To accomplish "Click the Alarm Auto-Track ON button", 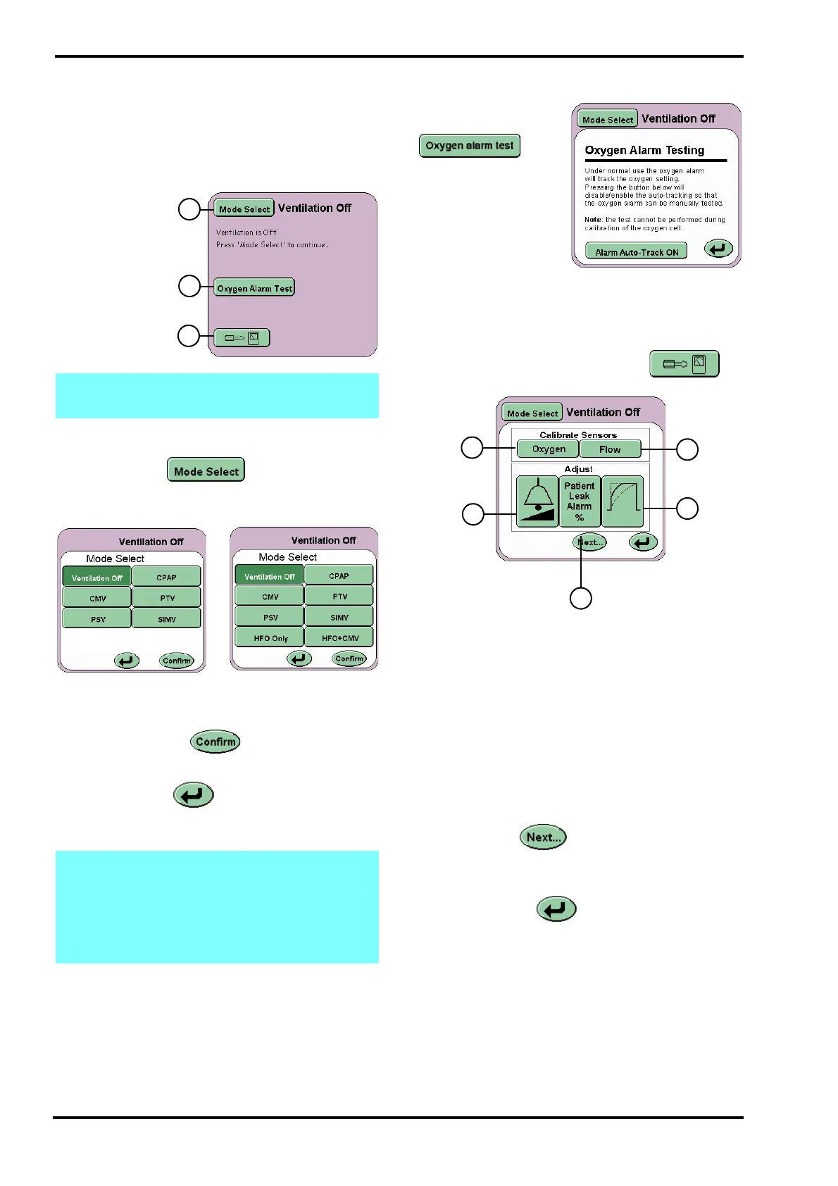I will (x=636, y=251).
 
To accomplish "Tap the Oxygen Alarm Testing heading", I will (x=644, y=150).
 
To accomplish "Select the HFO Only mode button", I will (x=270, y=638).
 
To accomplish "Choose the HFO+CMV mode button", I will (x=340, y=638).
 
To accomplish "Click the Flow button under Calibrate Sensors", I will (x=610, y=449).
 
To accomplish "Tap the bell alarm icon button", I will (x=537, y=501).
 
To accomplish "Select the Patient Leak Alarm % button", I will (x=580, y=501).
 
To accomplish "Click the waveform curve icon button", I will (x=623, y=501).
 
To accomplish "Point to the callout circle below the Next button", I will (x=580, y=598).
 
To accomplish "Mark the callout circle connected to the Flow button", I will (x=687, y=449).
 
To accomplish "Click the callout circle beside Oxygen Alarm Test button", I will (x=189, y=286).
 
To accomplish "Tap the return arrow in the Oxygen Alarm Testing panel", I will (x=718, y=249).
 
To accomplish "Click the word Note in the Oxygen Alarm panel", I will (x=593, y=220).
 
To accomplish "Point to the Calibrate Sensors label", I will (x=578, y=435).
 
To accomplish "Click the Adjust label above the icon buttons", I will (x=578, y=469).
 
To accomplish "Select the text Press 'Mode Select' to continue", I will (x=272, y=245).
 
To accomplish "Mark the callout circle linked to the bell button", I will (x=473, y=514).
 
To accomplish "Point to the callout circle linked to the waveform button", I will (x=687, y=508).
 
